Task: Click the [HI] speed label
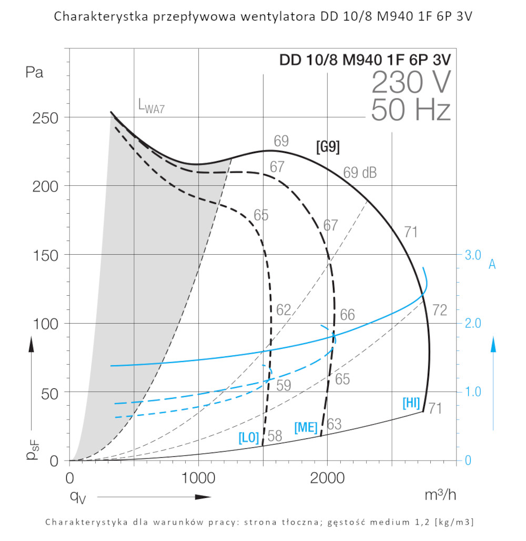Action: point(411,404)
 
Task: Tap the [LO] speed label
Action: point(249,437)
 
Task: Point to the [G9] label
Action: point(328,147)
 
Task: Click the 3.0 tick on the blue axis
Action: point(473,255)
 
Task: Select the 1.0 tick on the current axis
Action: point(473,392)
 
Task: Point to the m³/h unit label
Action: point(440,495)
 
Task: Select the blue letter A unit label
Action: point(492,264)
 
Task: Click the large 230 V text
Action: point(411,83)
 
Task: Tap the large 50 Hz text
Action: point(411,111)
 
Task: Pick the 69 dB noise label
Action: point(360,173)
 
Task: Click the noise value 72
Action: point(440,310)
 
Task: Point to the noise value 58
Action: point(275,436)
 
